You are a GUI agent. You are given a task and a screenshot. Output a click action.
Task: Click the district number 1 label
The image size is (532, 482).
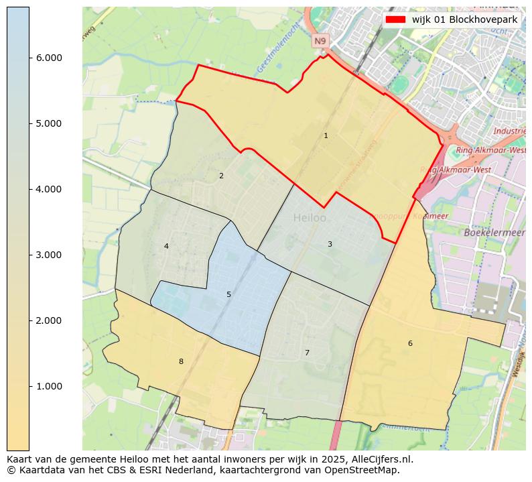(326, 135)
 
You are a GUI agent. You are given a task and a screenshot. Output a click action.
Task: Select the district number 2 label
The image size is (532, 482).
(221, 176)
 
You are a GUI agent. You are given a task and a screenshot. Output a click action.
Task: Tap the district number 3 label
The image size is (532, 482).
(330, 244)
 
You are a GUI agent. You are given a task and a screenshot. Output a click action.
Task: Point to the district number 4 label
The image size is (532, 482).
(166, 246)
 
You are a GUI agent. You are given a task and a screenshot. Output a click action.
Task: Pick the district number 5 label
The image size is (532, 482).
(228, 294)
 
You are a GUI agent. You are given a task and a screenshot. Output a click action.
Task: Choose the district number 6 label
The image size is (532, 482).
(410, 343)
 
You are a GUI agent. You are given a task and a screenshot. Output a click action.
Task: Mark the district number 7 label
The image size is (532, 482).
(307, 353)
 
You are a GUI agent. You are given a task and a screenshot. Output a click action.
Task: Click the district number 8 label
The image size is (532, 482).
(181, 361)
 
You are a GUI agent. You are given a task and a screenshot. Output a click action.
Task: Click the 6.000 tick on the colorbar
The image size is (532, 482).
(48, 58)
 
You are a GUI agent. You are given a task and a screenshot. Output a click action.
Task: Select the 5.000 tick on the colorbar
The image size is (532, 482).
(48, 123)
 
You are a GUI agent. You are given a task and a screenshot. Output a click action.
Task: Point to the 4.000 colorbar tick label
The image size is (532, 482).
(48, 189)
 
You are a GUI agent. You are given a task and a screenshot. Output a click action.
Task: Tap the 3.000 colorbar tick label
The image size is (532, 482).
(48, 255)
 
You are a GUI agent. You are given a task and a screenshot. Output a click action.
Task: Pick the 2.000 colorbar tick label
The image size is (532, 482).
(48, 320)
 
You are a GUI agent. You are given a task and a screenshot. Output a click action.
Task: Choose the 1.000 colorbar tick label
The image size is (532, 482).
(48, 386)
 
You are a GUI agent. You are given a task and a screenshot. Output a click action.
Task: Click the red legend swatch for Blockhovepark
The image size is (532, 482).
(395, 19)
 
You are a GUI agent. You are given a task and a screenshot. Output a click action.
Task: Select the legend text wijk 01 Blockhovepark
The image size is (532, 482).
(464, 19)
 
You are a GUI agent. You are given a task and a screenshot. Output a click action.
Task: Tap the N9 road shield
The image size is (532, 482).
(320, 42)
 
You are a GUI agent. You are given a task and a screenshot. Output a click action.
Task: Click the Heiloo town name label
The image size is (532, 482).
(310, 218)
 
